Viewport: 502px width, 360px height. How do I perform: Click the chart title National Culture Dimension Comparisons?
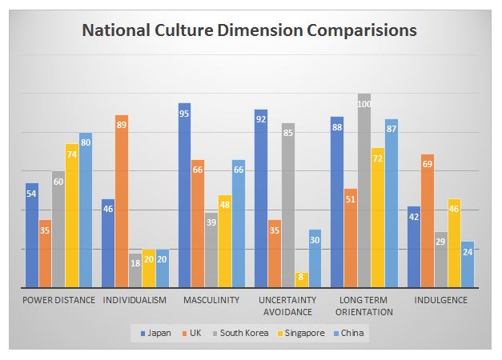click(249, 31)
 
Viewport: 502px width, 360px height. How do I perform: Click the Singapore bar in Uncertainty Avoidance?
click(301, 280)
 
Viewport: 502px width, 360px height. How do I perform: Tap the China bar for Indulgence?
click(468, 264)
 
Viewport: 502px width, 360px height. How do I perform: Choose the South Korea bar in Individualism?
click(135, 270)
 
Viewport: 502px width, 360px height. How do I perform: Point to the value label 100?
click(364, 104)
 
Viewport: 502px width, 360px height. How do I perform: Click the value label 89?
click(122, 125)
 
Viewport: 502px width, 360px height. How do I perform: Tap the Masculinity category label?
click(211, 300)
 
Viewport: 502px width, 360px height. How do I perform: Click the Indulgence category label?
click(440, 300)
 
